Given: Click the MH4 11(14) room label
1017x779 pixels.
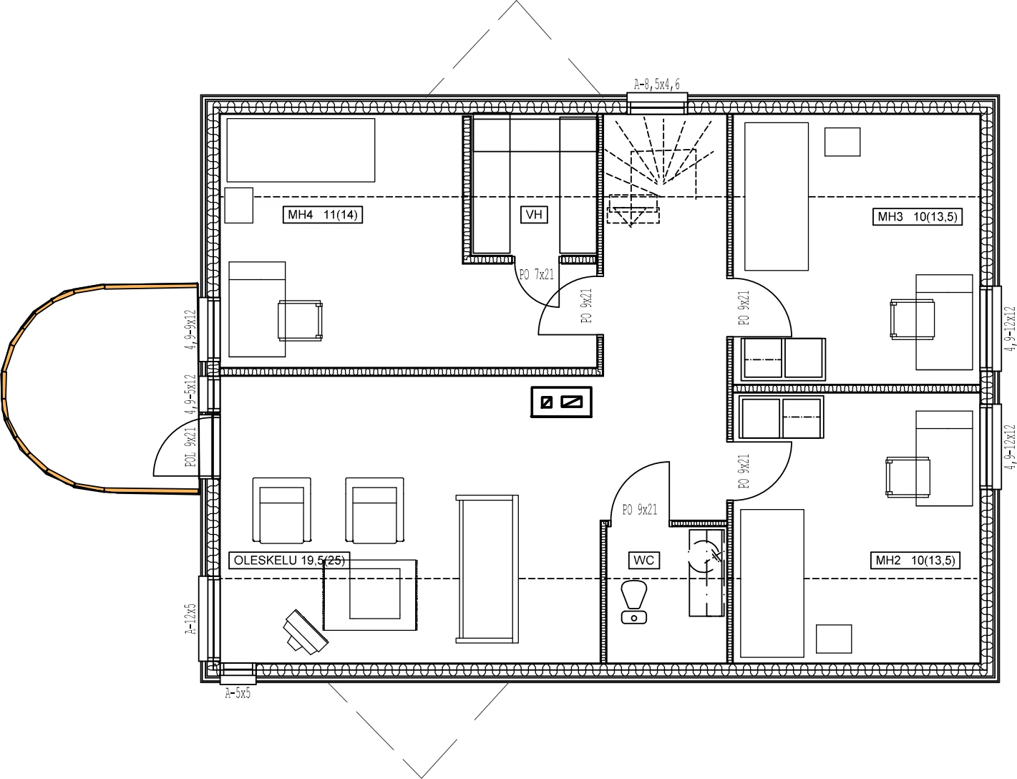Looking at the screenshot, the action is (323, 215).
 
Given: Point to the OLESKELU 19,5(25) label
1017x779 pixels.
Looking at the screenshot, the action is (289, 561).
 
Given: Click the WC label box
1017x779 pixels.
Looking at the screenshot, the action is (643, 561).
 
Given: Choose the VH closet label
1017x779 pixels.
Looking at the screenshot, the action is (534, 215).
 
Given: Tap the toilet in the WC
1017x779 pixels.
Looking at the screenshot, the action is (633, 602).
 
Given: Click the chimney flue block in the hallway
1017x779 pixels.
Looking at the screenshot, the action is (561, 402).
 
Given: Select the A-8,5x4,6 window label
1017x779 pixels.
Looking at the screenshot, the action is (656, 84).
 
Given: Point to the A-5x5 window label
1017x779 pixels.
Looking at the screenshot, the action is (238, 693).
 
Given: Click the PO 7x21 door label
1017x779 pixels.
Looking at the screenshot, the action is (536, 275).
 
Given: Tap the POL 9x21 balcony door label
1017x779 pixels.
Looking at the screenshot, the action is (190, 447).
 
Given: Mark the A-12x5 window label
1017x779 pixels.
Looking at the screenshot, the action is (190, 619).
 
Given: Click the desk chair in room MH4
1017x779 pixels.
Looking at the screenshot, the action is (300, 320).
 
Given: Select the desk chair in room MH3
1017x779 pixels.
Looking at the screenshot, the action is (913, 319).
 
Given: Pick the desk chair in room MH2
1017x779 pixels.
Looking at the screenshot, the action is (907, 477).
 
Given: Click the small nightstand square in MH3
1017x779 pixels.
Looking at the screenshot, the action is (842, 142).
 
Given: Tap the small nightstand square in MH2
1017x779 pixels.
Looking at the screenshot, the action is (834, 639).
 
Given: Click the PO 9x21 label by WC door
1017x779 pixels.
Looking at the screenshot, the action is (640, 510).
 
